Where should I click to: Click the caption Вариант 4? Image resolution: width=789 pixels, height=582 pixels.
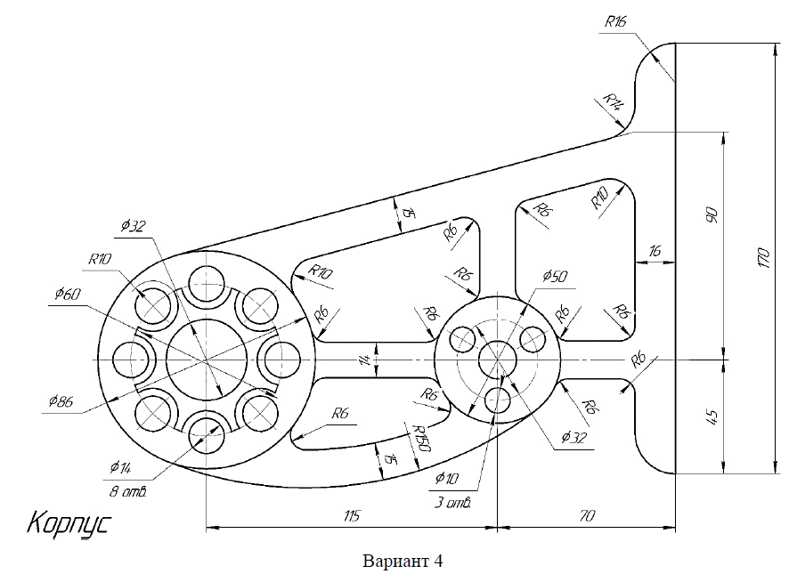tap(403, 562)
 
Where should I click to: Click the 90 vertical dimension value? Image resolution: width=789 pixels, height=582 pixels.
tap(711, 216)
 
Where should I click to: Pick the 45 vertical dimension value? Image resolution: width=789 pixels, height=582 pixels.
tap(711, 416)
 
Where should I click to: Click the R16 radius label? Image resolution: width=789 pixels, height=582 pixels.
tap(615, 22)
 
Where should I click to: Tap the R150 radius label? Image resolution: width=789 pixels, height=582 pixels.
tap(421, 439)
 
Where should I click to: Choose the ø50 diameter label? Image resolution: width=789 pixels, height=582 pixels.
tap(553, 277)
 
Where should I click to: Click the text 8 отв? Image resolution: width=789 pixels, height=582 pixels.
tap(128, 490)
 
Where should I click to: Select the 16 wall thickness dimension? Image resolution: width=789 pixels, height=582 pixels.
tap(655, 252)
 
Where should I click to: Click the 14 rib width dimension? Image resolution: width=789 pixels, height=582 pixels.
tap(363, 361)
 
